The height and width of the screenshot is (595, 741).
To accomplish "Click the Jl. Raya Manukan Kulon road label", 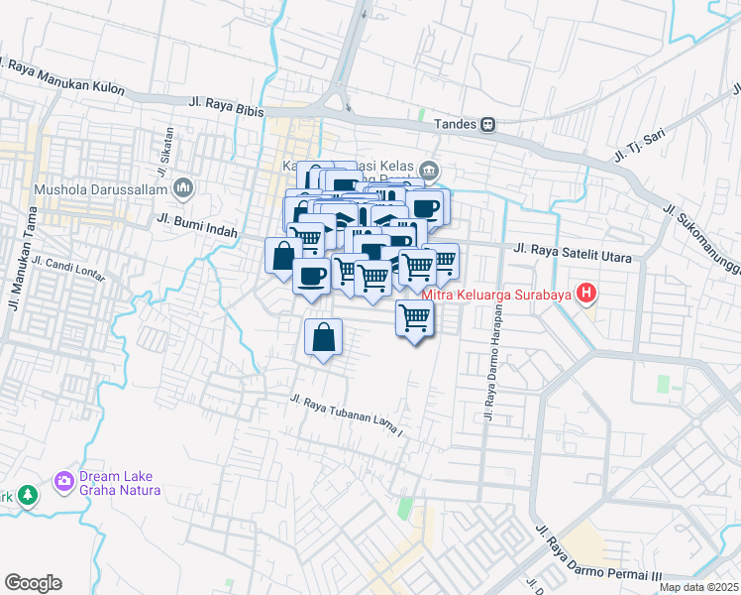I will (x=65, y=78).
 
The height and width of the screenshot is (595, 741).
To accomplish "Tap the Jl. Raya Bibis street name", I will (x=225, y=106).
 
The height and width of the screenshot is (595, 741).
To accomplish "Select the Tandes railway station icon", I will (x=488, y=125).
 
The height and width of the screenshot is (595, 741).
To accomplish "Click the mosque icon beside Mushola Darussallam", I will (x=183, y=187).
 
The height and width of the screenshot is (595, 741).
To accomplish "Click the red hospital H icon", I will (x=587, y=293).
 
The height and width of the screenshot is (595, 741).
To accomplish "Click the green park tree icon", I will (x=27, y=493).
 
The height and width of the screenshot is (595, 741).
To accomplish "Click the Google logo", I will (x=33, y=583).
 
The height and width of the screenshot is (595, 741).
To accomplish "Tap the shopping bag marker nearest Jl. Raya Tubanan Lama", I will (x=323, y=337).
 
